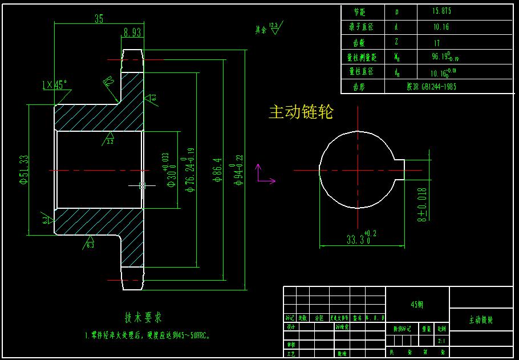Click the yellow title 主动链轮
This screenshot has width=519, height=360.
[301, 112]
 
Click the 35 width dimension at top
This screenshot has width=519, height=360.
[99, 19]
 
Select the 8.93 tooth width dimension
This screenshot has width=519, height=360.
[132, 33]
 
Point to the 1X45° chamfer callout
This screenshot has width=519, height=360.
[55, 84]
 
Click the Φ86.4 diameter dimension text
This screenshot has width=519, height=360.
[217, 170]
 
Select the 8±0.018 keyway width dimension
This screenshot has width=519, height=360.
[421, 204]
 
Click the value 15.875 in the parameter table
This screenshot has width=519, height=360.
[443, 11]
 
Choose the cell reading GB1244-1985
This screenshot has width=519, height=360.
[431, 87]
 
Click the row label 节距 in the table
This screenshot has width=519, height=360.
[359, 11]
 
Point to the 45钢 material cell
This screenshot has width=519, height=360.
[417, 305]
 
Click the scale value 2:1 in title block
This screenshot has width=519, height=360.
[441, 342]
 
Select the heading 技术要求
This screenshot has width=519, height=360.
[143, 317]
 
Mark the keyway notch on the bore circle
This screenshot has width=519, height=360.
[399, 169]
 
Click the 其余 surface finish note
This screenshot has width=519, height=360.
[267, 29]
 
